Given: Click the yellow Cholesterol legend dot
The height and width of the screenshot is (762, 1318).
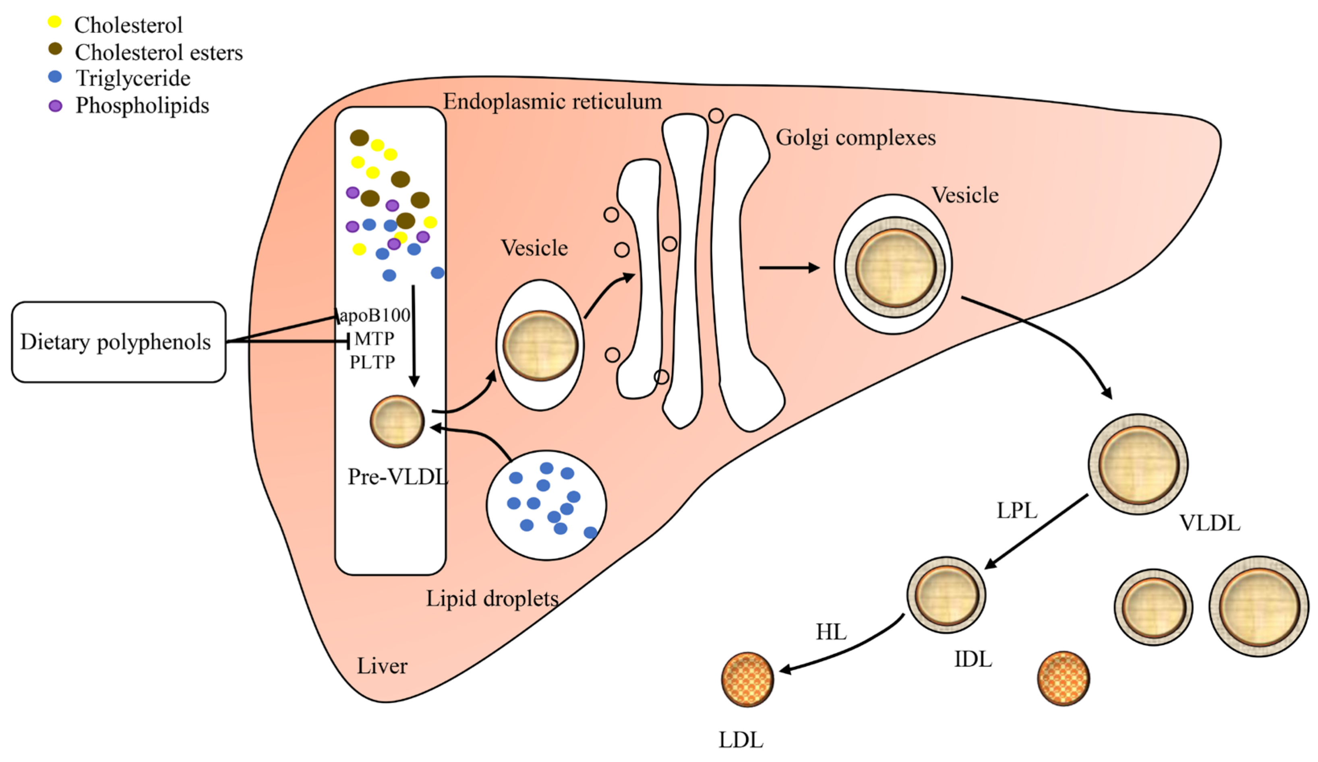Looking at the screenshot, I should click(x=54, y=22).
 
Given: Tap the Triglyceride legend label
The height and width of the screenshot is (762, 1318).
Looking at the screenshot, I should click(x=133, y=78).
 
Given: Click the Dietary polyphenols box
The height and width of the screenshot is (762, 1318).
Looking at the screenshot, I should click(x=119, y=342).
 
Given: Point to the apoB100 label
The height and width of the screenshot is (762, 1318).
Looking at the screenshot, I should click(x=375, y=315).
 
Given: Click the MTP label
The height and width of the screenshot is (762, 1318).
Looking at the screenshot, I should click(x=374, y=339).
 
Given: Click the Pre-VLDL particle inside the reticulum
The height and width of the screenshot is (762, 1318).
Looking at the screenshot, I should click(x=397, y=421).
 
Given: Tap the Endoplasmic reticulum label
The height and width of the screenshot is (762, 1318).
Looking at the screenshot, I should click(x=552, y=101).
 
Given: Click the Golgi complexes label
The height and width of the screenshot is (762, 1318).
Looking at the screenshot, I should click(x=856, y=138).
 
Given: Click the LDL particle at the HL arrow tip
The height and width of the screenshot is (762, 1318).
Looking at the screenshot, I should click(x=747, y=679).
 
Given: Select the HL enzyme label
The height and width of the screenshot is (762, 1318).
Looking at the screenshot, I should click(x=831, y=632).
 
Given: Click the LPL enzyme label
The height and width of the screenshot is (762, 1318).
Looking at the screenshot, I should click(x=1017, y=510).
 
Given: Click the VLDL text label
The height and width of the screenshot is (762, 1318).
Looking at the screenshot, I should click(x=1209, y=523).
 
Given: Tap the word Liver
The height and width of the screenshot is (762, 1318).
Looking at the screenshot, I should click(x=382, y=666).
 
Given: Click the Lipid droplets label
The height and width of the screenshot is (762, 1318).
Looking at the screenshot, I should click(x=492, y=598).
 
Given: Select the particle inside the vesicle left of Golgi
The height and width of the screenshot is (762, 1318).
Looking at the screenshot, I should click(x=540, y=346).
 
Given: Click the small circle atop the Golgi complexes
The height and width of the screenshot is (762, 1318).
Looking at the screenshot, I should click(x=716, y=116).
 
